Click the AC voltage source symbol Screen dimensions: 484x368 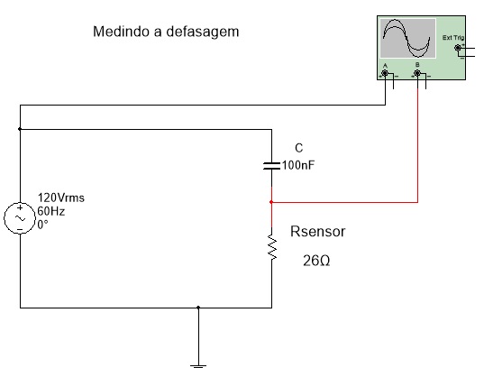20,218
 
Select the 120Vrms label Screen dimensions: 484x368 60,198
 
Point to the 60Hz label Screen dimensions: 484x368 51,211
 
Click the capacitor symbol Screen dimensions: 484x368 271,166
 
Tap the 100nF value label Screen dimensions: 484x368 298,165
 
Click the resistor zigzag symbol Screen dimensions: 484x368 272,247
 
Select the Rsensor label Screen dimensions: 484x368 317,232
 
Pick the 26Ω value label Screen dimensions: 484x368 316,261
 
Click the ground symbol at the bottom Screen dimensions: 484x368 198,366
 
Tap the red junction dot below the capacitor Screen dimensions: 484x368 271,202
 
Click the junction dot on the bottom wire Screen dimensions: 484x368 198,308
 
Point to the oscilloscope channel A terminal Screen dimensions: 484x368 385,73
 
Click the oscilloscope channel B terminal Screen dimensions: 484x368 417,73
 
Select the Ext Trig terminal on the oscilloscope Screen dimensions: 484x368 458,48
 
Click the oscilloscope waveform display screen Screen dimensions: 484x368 407,38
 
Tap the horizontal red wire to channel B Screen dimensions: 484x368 344,202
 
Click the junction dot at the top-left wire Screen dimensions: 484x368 20,129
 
